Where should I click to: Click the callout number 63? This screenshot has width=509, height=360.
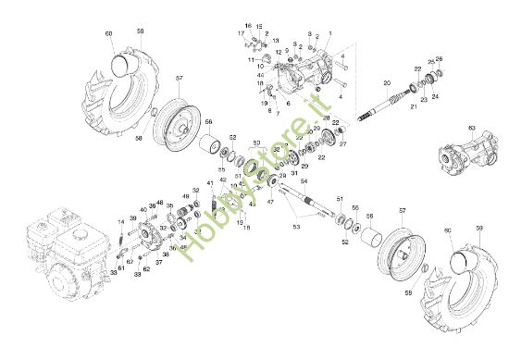point(471,127)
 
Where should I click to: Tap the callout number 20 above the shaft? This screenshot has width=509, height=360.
point(388,83)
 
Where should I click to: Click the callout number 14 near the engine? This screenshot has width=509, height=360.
point(120,222)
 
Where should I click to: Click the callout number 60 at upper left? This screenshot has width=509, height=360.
point(108,34)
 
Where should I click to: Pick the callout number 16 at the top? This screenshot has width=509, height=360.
point(248,25)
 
